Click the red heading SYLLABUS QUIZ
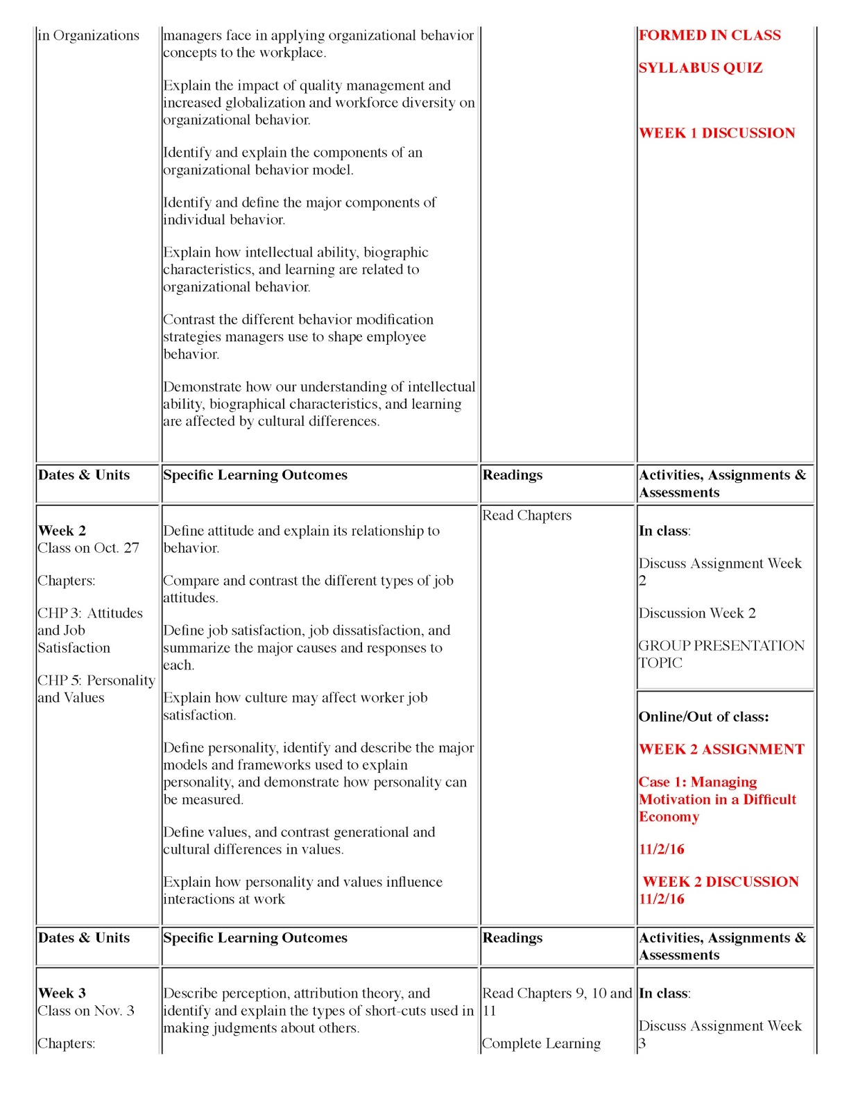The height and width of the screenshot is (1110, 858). pos(700,68)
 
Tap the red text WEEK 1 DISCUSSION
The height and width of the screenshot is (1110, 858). pos(717,133)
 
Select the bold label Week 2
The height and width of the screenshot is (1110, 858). pos(62,531)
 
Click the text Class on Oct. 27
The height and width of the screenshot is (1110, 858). pos(89,548)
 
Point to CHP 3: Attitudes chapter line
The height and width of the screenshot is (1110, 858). pos(90,613)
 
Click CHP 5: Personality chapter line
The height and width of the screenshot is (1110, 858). pos(96,681)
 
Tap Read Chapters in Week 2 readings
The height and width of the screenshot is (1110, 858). pos(526,515)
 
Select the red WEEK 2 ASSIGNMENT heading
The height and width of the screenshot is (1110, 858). pos(721,749)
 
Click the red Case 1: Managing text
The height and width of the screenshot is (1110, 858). pos(698,782)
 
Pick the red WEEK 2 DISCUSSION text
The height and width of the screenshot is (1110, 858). pos(721,882)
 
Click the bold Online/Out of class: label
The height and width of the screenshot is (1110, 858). pos(703,717)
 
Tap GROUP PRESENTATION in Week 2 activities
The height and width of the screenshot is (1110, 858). pos(721,646)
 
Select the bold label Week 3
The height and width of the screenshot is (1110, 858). pos(62,993)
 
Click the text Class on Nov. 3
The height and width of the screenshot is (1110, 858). pos(86,1011)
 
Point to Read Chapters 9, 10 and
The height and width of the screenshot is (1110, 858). pos(557,993)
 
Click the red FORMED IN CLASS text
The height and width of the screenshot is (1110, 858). pos(710,35)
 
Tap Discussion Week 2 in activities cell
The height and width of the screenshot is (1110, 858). pos(697,613)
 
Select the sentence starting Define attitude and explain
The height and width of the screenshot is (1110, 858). pos(301,531)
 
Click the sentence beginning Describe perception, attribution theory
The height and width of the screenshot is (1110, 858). pos(296,993)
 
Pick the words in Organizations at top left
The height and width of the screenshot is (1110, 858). pos(88,35)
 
